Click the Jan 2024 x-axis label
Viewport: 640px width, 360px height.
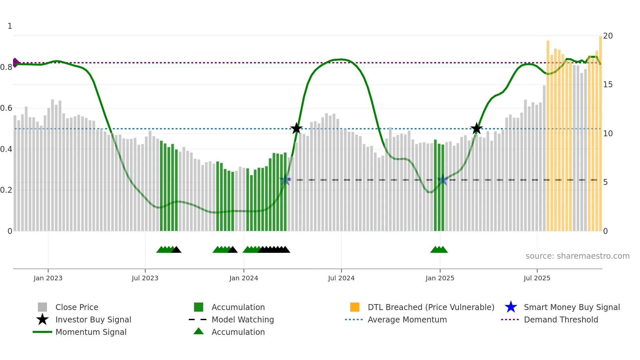point(244,278)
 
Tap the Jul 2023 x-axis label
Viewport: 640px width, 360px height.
point(145,278)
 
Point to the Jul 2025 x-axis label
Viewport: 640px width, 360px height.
point(537,278)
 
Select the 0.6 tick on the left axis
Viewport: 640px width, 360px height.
point(6,108)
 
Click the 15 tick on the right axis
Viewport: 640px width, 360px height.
point(608,85)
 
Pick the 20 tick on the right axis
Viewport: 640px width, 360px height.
point(608,36)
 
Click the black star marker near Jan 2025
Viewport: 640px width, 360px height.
point(476,128)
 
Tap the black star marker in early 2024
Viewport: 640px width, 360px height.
point(296,128)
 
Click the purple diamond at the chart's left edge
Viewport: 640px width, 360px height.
point(16,62)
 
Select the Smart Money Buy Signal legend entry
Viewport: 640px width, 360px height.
point(571,307)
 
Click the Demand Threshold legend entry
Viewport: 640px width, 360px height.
point(561,319)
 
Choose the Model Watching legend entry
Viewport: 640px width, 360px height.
point(242,319)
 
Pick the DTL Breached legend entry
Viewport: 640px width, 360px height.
point(431,307)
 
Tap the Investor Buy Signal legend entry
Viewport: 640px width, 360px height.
point(93,319)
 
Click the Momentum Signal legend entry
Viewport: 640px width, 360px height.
point(91,332)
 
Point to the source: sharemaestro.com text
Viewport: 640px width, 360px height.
point(577,256)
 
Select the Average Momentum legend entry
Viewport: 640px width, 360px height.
point(407,319)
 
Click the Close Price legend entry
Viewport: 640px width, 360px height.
point(77,307)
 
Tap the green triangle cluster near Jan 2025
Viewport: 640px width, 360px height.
point(439,250)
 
